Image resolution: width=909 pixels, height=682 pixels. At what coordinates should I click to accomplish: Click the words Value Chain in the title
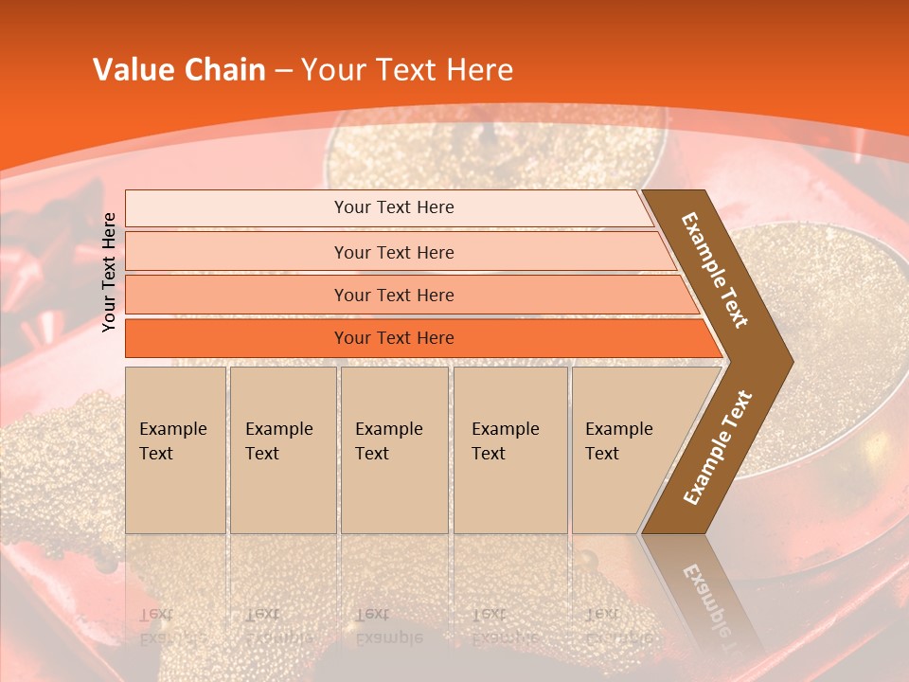pos(179,70)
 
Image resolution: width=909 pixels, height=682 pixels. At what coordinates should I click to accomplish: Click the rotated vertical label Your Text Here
pos(110,272)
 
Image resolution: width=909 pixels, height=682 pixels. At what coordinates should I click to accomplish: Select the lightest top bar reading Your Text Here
pos(393,207)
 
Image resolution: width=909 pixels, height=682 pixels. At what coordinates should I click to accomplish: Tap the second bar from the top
pos(393,252)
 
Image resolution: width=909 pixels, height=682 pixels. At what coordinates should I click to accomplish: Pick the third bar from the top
pos(393,295)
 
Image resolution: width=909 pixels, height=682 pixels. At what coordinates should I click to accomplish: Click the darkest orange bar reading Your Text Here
pos(393,338)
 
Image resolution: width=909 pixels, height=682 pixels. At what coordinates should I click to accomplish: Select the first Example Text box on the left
pos(175,449)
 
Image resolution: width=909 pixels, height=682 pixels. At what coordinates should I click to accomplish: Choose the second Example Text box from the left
pos(282,449)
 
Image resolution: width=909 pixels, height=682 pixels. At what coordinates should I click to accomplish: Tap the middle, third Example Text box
pos(394,449)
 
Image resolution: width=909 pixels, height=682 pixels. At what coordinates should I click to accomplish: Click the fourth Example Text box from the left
pos(509,449)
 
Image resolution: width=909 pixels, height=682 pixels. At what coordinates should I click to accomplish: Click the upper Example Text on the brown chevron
pos(716,270)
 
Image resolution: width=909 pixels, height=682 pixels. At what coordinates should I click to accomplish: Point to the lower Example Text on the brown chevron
pos(718,447)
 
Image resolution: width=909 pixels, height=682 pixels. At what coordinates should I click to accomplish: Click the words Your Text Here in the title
pos(407,70)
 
